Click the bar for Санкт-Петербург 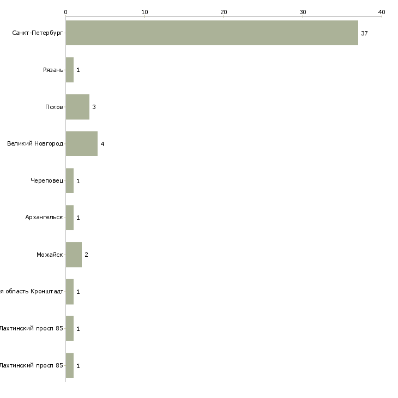(x=212, y=33)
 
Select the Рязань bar (x=70, y=70)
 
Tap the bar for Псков (x=77, y=107)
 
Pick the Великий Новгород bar (x=82, y=144)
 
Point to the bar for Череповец (x=70, y=180)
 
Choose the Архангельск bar (x=70, y=218)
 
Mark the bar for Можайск (x=74, y=255)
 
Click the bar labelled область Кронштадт (x=70, y=292)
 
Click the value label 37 (x=364, y=33)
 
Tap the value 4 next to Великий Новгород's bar (x=102, y=144)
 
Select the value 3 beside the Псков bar (x=94, y=107)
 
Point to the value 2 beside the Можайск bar (x=86, y=255)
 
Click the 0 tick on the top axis (x=65, y=12)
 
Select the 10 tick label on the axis (x=144, y=12)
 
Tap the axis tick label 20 (x=224, y=12)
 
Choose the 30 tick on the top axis (x=303, y=12)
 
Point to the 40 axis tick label (x=382, y=12)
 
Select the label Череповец (x=47, y=181)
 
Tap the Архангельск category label (x=44, y=218)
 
